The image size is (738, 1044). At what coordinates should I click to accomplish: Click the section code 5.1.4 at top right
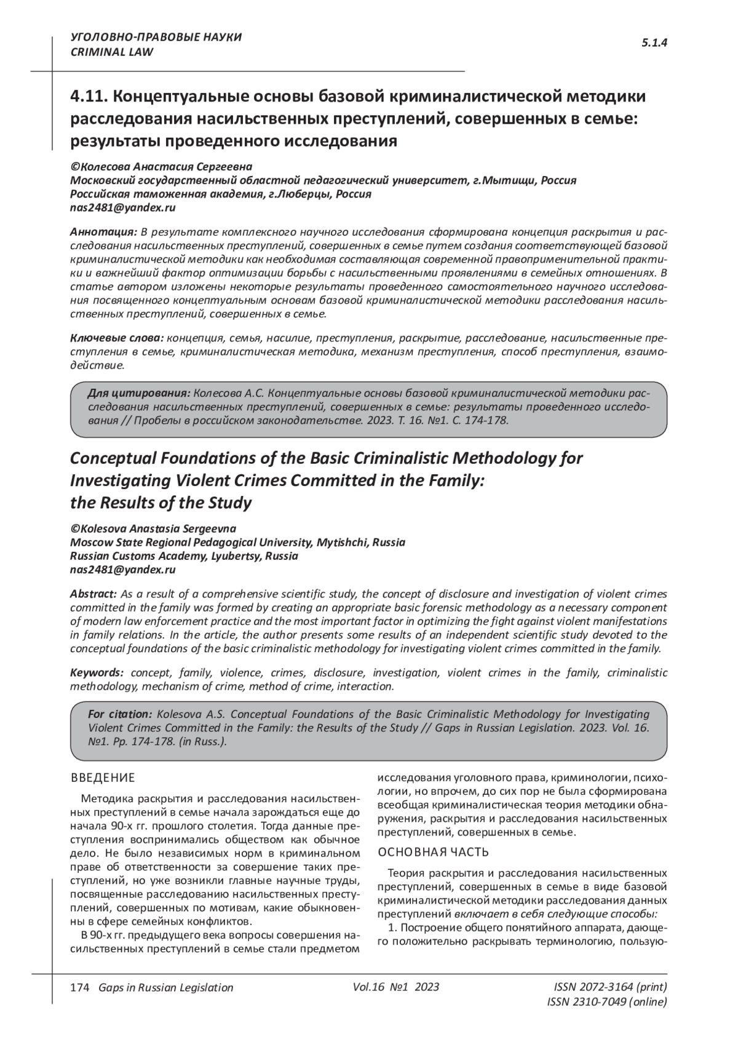click(x=654, y=42)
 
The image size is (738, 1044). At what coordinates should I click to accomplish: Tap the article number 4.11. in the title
click(x=89, y=97)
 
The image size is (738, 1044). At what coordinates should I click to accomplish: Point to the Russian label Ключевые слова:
click(x=116, y=338)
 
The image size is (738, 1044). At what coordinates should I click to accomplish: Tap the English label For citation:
click(x=120, y=714)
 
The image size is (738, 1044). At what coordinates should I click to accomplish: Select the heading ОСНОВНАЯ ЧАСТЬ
click(x=433, y=852)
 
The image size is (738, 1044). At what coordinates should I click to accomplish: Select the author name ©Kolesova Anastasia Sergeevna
click(x=153, y=529)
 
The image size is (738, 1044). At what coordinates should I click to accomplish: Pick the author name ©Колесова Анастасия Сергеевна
click(x=161, y=167)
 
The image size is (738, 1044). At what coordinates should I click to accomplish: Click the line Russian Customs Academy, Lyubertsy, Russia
click(x=184, y=556)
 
